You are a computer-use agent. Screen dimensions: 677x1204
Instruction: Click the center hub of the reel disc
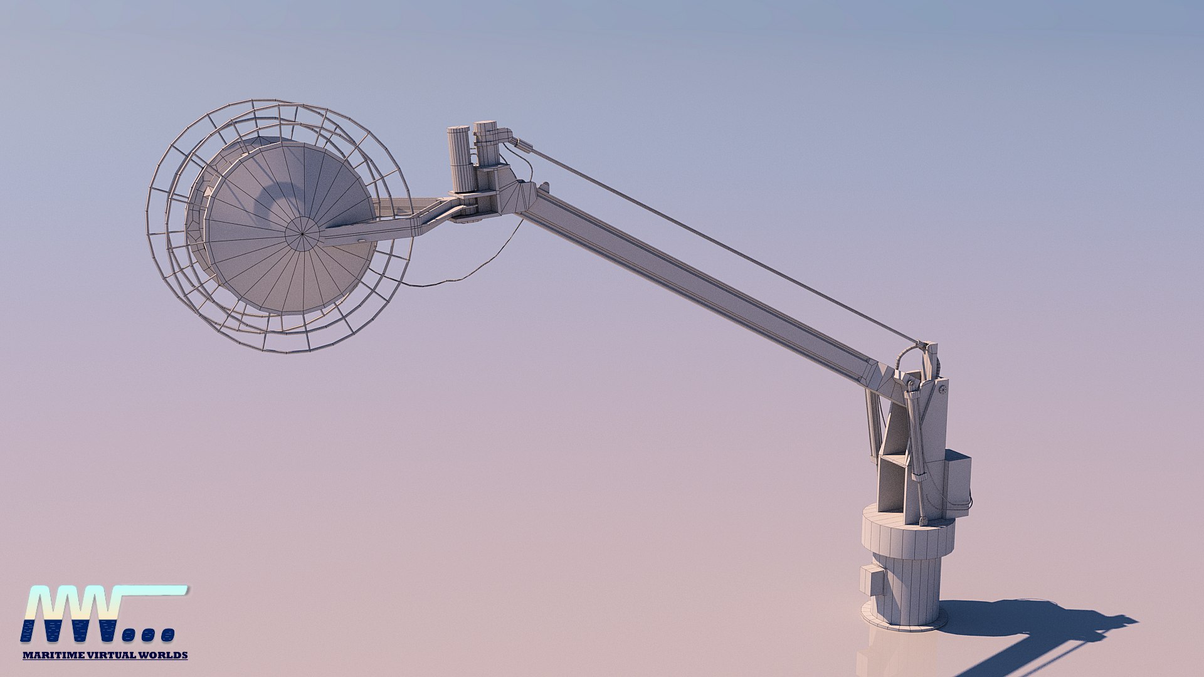302,234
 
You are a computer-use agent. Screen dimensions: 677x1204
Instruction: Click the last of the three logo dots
167,635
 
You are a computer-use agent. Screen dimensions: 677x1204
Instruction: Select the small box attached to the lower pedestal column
870,580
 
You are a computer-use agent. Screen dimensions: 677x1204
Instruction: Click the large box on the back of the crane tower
958,480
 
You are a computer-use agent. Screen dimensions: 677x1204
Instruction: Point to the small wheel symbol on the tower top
943,390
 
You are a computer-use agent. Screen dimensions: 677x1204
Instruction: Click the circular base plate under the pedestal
903,621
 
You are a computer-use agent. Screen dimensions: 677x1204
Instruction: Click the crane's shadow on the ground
1041,621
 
